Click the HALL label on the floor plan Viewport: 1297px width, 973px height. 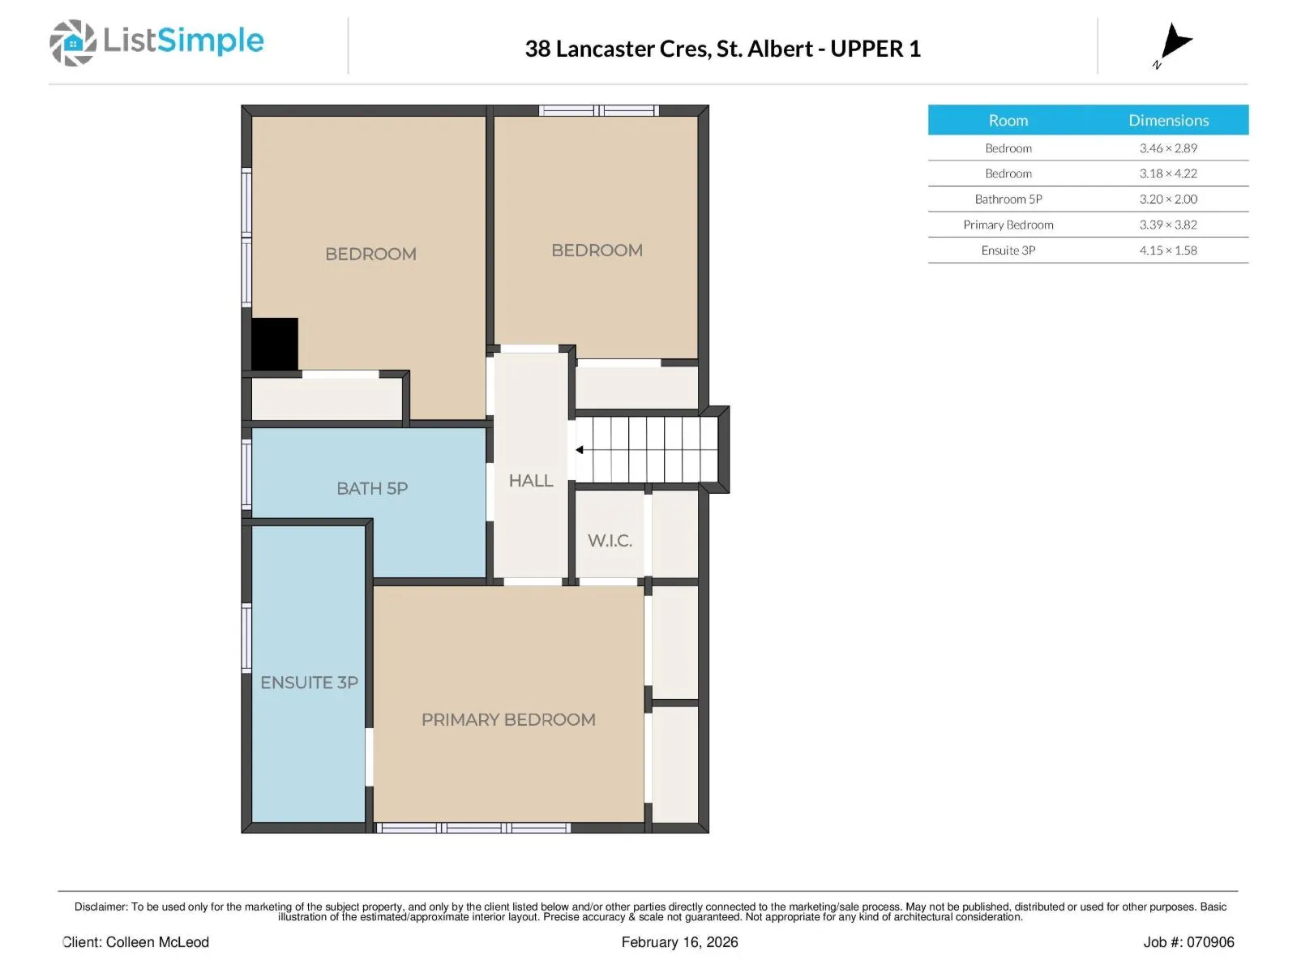click(x=531, y=480)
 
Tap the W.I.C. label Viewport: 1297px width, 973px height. click(x=610, y=540)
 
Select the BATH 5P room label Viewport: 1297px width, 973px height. click(x=371, y=488)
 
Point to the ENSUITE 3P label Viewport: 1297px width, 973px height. click(x=309, y=683)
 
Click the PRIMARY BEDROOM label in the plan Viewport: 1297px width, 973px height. click(x=508, y=719)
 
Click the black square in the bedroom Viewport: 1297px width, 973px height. click(x=275, y=345)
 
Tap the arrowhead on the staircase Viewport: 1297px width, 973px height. click(x=580, y=449)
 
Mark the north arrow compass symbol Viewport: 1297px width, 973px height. click(x=1174, y=44)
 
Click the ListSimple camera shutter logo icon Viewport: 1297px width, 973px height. click(x=73, y=42)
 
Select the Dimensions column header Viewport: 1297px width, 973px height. click(x=1168, y=120)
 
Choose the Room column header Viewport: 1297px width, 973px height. click(x=1008, y=120)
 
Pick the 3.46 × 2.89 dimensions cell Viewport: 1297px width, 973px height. click(x=1168, y=148)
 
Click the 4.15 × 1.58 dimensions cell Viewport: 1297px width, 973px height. click(x=1168, y=250)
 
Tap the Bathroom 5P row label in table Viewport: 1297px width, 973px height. click(x=1008, y=199)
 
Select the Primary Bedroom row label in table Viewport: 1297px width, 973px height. click(x=1008, y=225)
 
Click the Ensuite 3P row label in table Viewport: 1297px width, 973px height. click(x=1008, y=250)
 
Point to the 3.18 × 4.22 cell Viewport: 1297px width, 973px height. click(x=1168, y=173)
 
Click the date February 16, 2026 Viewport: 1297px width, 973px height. click(x=679, y=941)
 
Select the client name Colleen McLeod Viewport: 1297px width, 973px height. click(x=157, y=941)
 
